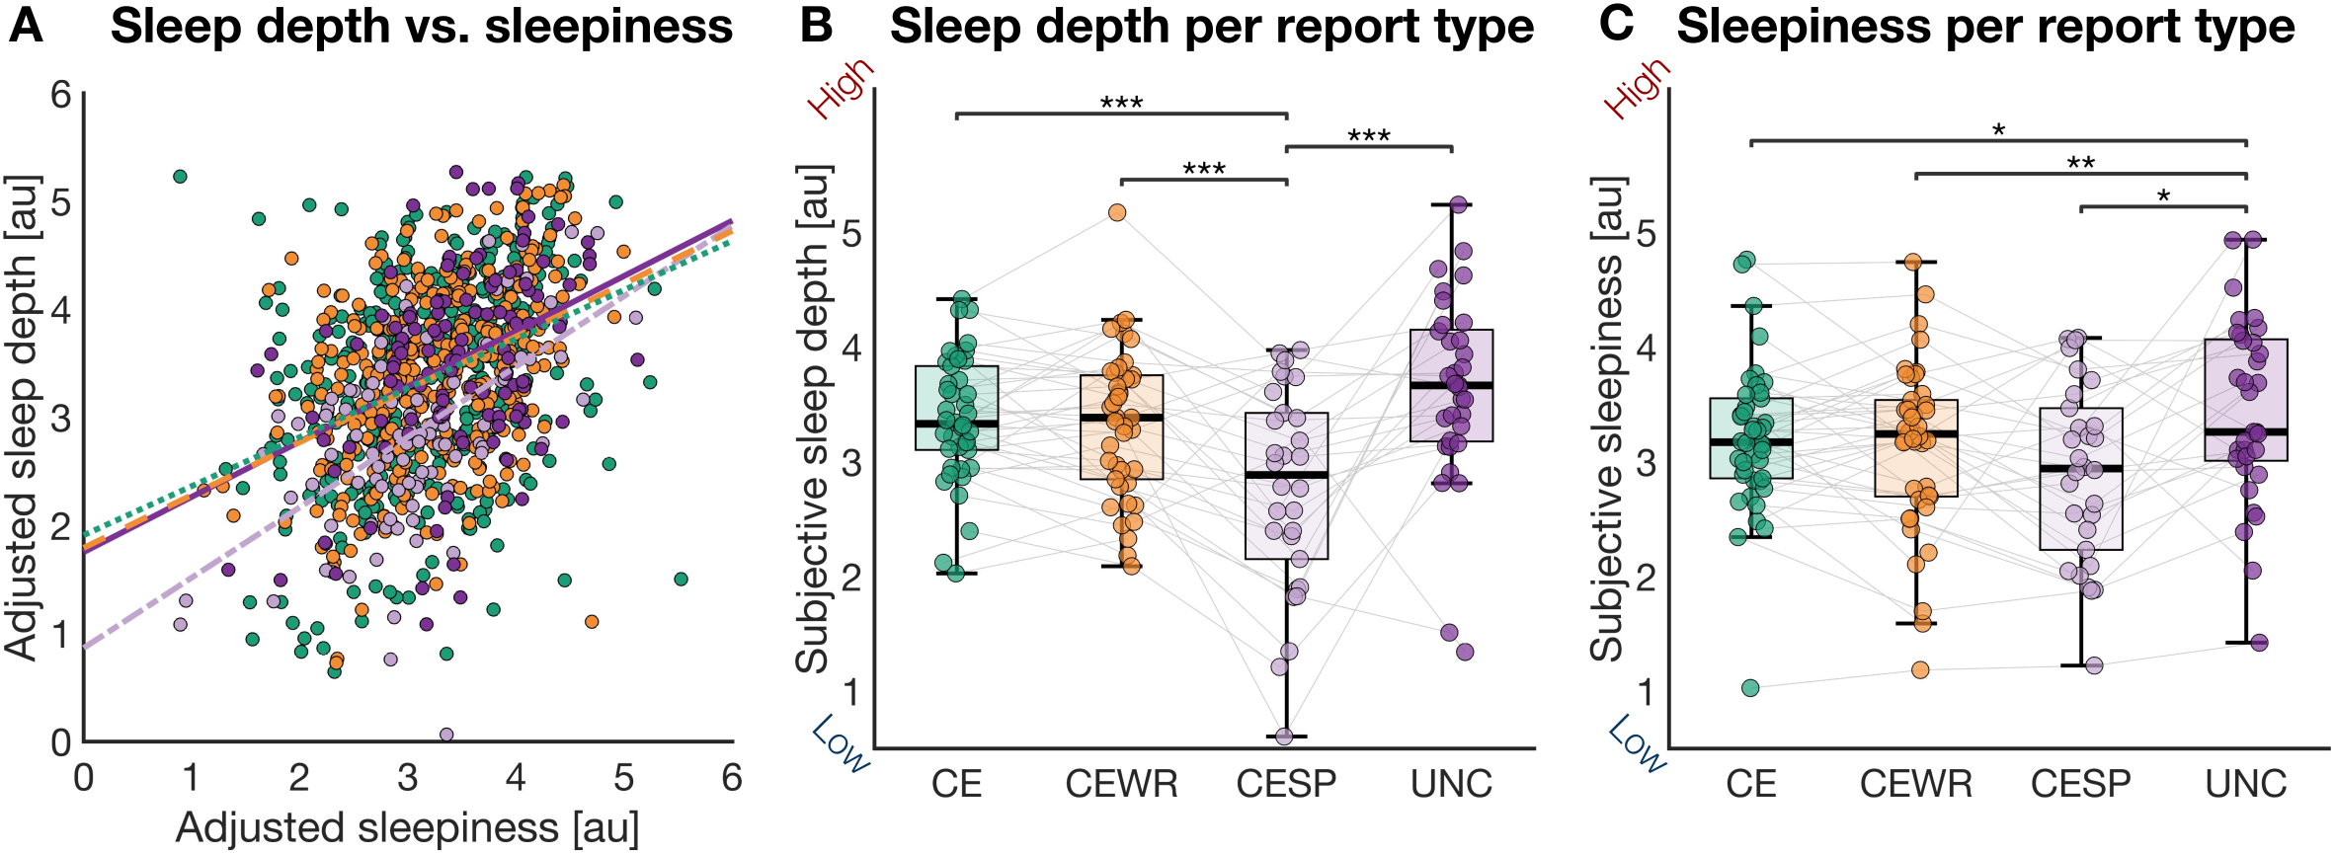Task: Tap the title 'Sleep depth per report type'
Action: pos(1211,27)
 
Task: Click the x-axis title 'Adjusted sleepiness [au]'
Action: pos(407,827)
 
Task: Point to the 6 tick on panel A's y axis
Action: pos(61,95)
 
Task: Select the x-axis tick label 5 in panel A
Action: pos(623,779)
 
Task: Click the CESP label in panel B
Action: pos(1286,784)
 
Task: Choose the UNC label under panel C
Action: pos(2245,784)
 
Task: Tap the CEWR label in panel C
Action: pos(1915,784)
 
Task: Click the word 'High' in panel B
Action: pos(841,87)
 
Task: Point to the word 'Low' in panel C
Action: pos(1637,742)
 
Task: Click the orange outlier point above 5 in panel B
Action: pos(1117,212)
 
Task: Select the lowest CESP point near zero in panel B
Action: pos(1284,736)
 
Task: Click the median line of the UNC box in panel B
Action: pos(1451,385)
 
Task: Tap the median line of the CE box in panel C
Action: pos(1751,441)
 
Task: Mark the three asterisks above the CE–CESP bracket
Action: pos(1121,103)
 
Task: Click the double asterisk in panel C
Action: pos(2080,163)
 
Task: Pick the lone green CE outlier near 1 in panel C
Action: pos(1750,688)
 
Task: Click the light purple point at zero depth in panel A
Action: pos(446,735)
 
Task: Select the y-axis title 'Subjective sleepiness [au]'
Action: pos(1608,419)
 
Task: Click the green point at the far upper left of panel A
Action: pos(180,177)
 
